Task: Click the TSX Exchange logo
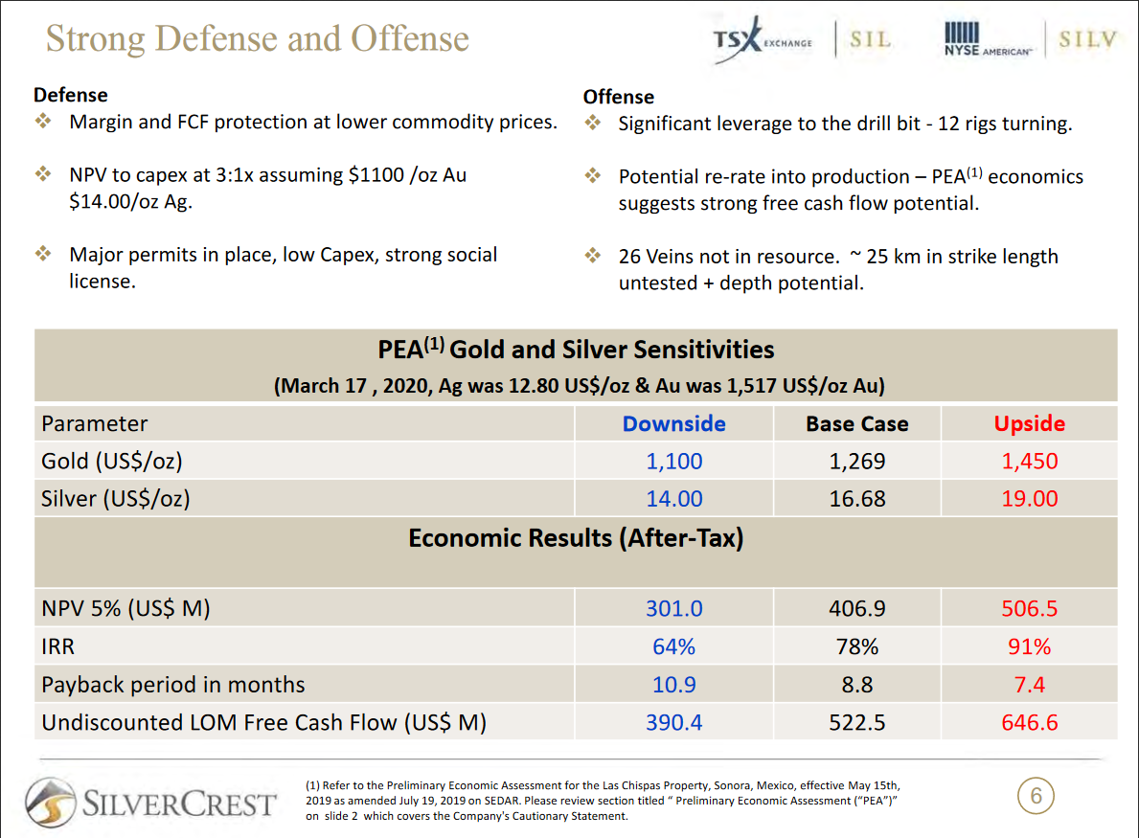[763, 39]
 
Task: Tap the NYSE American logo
[988, 40]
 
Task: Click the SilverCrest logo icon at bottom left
[51, 803]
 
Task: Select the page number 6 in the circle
[1036, 796]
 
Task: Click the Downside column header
[673, 424]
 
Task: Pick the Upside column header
[1029, 424]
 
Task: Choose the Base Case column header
[856, 424]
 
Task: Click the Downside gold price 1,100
[673, 462]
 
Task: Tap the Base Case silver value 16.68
[856, 499]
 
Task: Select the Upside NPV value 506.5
[1029, 609]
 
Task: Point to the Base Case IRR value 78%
[856, 647]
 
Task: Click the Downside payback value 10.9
[673, 685]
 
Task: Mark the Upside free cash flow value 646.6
[1029, 723]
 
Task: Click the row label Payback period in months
[173, 685]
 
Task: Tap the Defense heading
[71, 95]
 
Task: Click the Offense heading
[619, 97]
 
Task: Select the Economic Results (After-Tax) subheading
[576, 538]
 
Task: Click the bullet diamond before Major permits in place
[43, 255]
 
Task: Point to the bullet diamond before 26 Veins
[593, 257]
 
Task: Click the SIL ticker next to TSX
[870, 40]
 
